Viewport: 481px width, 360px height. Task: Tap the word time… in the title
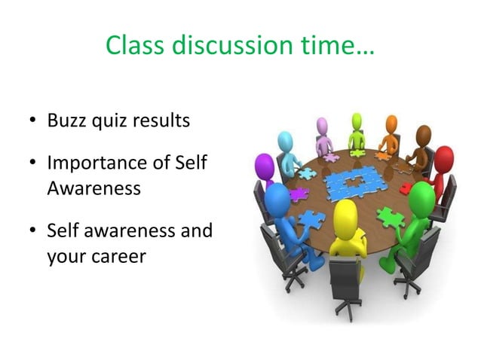337,46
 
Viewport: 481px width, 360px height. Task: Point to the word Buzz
66,121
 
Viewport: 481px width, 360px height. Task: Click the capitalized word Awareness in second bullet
93,188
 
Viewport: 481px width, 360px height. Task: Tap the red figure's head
444,160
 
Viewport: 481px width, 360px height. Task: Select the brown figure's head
424,135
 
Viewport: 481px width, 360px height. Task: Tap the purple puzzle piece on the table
299,194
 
